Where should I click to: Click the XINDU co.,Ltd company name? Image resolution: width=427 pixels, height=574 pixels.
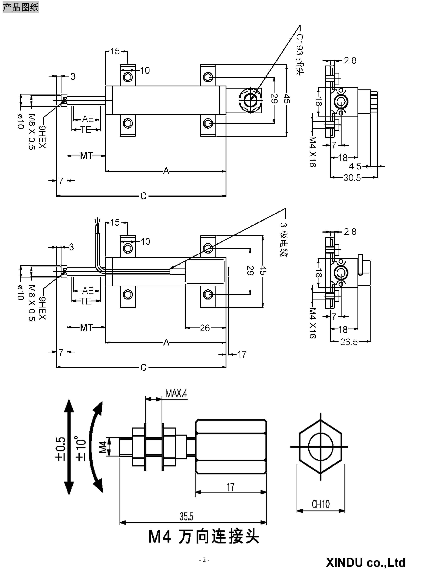pos(365,563)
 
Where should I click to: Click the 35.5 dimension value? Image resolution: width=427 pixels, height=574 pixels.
pos(186,516)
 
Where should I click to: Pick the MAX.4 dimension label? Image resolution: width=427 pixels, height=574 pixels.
pos(176,394)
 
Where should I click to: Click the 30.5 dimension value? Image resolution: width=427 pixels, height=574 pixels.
pos(352,178)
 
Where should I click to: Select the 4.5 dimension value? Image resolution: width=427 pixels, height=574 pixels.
pos(355,166)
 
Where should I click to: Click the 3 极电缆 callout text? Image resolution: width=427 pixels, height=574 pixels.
pos(284,239)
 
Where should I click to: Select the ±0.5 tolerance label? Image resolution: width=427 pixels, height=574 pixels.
pos(60,449)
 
